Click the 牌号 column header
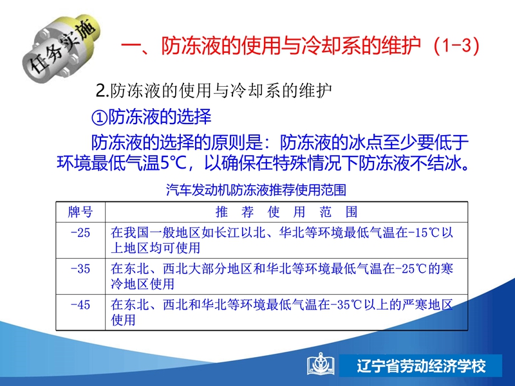pos(80,212)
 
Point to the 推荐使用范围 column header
pos(286,212)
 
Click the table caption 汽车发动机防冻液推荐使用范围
pos(256,190)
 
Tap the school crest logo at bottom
pos(321,365)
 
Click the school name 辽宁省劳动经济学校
pos(422,366)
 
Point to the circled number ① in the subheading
pos(98,117)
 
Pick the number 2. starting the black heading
pos(102,91)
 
